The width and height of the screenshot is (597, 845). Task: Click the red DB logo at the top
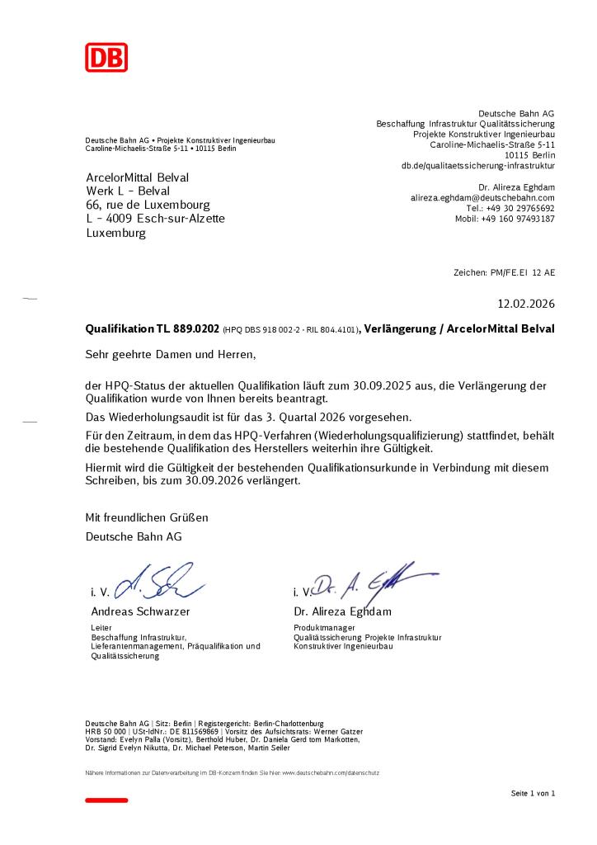click(106, 57)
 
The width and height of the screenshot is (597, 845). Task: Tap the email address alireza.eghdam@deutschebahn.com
click(482, 198)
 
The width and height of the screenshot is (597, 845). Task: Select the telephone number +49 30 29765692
click(520, 209)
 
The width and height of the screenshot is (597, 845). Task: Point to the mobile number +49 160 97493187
click(518, 219)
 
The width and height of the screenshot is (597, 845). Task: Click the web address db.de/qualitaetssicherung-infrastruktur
click(478, 166)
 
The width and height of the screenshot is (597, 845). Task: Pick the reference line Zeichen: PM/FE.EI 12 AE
click(504, 271)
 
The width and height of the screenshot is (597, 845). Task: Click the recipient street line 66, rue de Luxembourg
click(148, 205)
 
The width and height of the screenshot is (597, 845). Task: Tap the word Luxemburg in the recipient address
click(115, 233)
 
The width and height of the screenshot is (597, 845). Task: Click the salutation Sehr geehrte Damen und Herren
click(172, 355)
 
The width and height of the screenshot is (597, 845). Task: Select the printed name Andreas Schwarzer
click(140, 612)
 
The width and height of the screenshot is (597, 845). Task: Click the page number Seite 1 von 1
click(533, 793)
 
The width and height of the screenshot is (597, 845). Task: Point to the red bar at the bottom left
click(106, 800)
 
